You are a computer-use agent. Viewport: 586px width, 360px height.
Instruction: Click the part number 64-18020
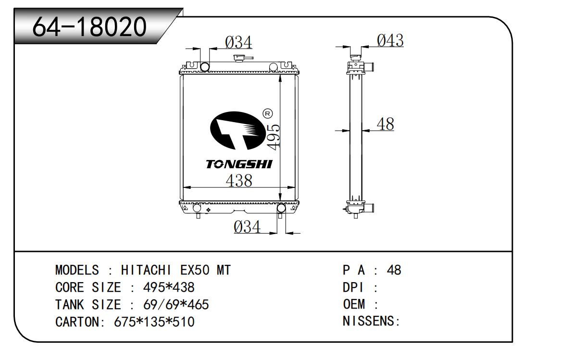pos(89,26)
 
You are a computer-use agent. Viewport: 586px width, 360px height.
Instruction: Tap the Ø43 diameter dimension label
pos(390,40)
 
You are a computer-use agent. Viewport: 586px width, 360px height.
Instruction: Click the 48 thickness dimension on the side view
pos(386,124)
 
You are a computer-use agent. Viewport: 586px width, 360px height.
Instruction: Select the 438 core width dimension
pos(239,181)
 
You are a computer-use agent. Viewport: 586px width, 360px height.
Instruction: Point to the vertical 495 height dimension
pos(273,137)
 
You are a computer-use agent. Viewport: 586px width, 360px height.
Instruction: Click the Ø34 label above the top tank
pos(238,42)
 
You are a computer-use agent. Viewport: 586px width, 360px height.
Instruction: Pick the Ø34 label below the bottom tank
pos(247,226)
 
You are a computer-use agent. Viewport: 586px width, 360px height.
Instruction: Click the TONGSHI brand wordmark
pos(239,164)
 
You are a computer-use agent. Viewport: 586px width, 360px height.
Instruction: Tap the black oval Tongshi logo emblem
pos(238,131)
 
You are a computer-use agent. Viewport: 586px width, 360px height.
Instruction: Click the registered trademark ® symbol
pos(267,114)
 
